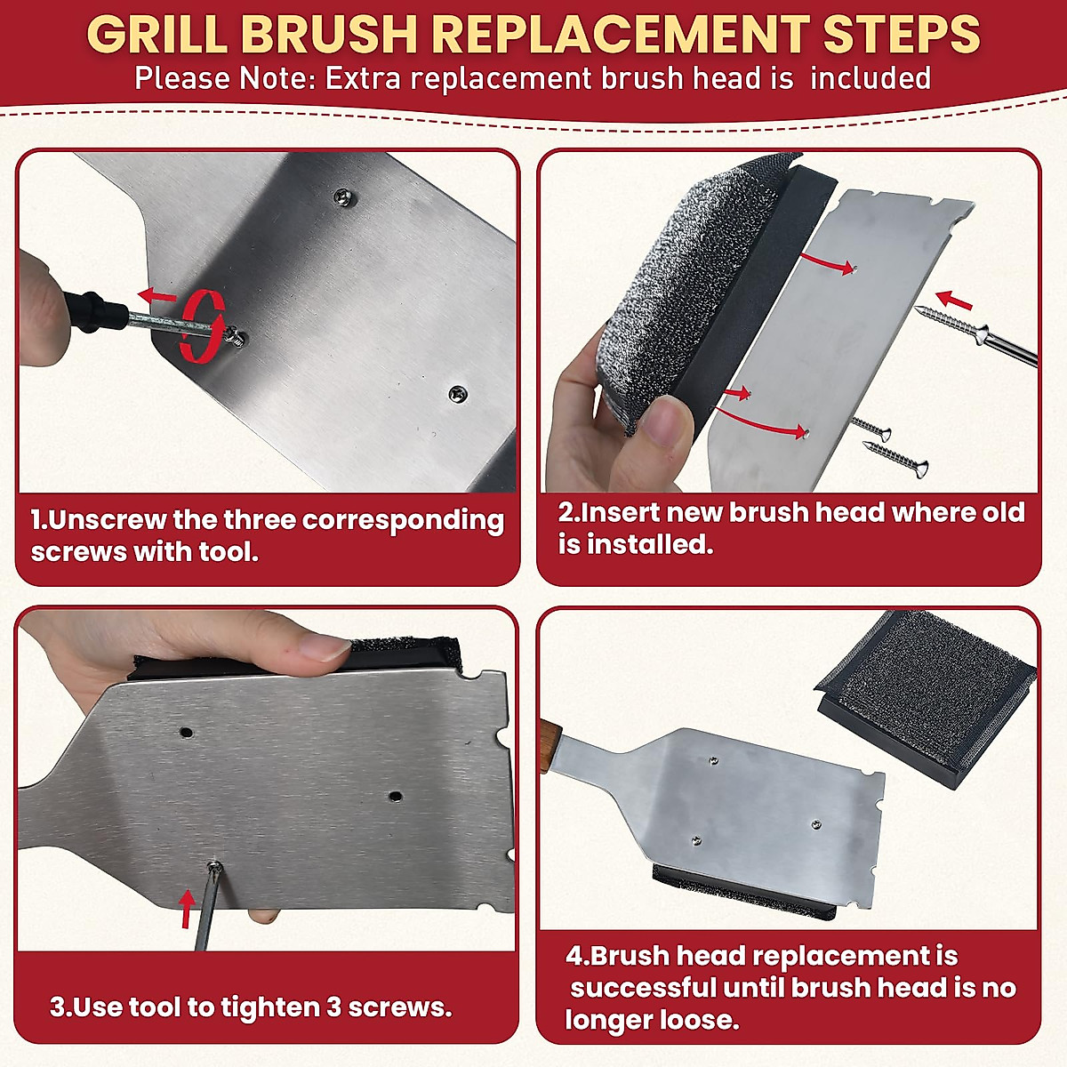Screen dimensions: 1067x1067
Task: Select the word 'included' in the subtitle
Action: [x=870, y=78]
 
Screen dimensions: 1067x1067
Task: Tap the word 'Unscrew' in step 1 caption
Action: [x=107, y=519]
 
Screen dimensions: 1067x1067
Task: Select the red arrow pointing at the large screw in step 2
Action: [x=955, y=300]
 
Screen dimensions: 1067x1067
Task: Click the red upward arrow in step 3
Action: [x=187, y=906]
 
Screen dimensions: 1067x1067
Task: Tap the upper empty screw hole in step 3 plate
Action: [x=186, y=733]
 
